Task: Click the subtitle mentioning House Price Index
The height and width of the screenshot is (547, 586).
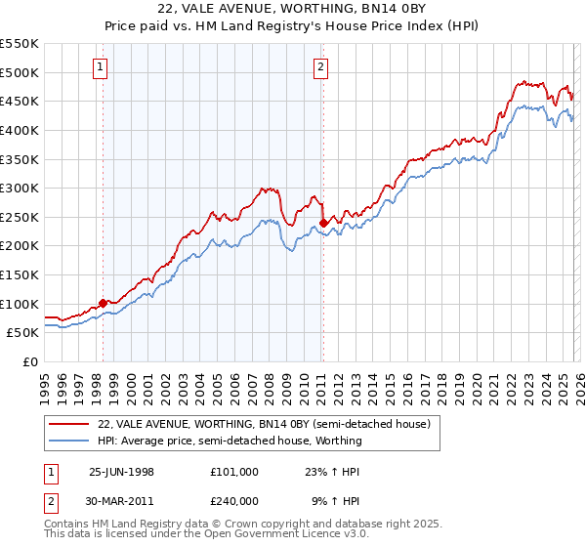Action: [x=293, y=27]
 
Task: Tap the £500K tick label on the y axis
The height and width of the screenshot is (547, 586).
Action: [x=19, y=72]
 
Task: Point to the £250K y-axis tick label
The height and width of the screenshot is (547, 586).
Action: [x=19, y=217]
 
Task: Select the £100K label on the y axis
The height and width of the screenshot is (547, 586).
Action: [x=19, y=304]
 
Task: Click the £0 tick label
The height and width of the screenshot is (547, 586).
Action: [x=30, y=361]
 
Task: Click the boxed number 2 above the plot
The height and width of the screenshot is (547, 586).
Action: [x=321, y=67]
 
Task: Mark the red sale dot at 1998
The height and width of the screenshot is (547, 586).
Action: [x=104, y=303]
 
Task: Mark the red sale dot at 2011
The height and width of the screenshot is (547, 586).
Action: [x=323, y=223]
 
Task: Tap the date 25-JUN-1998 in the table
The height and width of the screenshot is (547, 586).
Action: [x=121, y=471]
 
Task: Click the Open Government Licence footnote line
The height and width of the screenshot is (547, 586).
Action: [x=206, y=535]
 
